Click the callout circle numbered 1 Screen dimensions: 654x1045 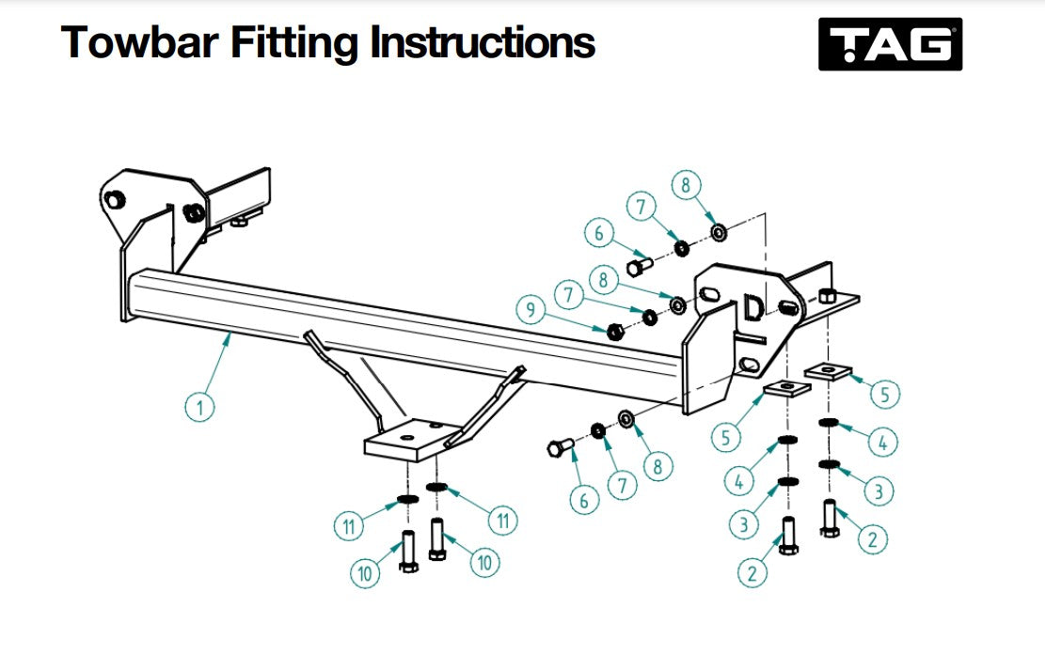[x=198, y=407]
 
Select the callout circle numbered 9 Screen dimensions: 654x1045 [x=530, y=309]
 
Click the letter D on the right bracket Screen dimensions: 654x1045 [x=753, y=309]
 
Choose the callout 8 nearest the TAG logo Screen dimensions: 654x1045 [x=687, y=186]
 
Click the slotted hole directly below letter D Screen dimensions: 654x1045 [x=749, y=364]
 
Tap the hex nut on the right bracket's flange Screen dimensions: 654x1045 [x=826, y=297]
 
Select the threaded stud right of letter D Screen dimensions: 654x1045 [x=788, y=307]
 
